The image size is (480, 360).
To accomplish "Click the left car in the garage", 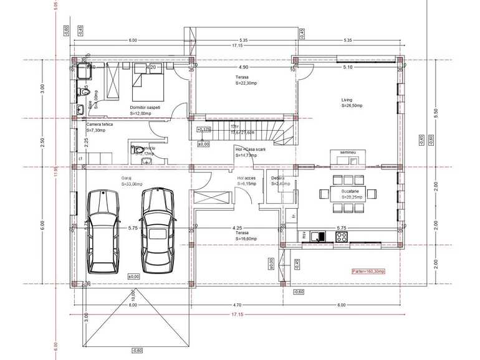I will pos(102,231).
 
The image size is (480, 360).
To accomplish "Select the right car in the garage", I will pos(157,230).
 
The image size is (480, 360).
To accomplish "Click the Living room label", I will pos(347,100).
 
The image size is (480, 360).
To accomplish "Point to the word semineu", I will pos(347,153).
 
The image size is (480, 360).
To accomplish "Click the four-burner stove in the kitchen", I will pos(342,236).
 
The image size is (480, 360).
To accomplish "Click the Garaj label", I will pos(127,178).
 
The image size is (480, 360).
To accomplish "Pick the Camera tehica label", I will pos(100,125).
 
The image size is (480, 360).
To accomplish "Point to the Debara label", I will pos(277,178).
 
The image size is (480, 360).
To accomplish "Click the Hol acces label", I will pos(246,178).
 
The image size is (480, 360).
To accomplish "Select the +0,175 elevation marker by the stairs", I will pos(203,130).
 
